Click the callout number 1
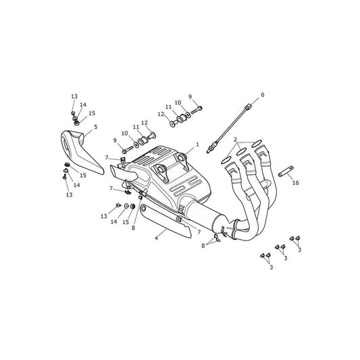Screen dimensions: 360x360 [x=197, y=145]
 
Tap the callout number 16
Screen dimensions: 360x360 [x=295, y=182]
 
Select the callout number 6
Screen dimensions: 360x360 [x=263, y=95]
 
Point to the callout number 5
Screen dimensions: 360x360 [x=96, y=127]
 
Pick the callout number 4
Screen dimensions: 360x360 [x=156, y=238]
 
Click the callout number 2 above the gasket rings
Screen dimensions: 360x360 [x=235, y=139]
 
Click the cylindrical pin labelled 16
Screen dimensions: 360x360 [x=286, y=171]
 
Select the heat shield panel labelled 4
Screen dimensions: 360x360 [x=165, y=221]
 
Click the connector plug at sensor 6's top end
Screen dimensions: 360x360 [x=248, y=107]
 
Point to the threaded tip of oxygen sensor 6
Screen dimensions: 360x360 [x=208, y=151]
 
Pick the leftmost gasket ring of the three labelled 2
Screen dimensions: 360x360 [x=227, y=161]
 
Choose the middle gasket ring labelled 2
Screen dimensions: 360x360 [x=242, y=152]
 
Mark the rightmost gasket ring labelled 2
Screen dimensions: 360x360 [x=257, y=143]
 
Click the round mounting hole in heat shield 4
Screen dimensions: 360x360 [x=143, y=209]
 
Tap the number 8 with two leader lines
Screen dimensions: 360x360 [x=203, y=245]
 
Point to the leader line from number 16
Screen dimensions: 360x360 [x=290, y=176]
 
